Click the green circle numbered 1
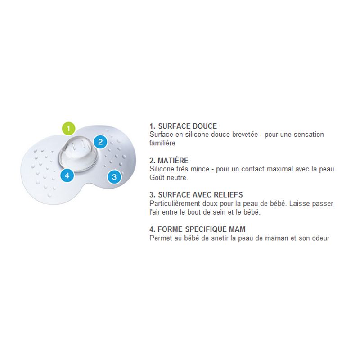point(69,129)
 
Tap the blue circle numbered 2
point(100,142)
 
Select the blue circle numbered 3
point(114,177)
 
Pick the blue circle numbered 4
point(67,175)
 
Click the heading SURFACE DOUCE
point(187,126)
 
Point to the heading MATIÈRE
point(173,161)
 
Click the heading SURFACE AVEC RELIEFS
point(200,195)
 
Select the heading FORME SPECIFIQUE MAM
point(202,229)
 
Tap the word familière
point(162,143)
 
